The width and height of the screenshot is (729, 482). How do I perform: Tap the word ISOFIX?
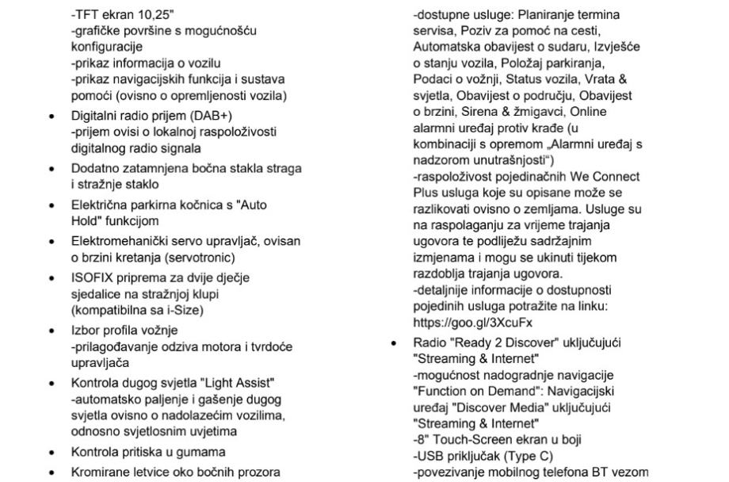[x=90, y=278]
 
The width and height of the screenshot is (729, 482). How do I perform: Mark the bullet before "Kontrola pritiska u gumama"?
[x=52, y=452]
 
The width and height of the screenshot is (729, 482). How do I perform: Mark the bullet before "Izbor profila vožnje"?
[x=52, y=331]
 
